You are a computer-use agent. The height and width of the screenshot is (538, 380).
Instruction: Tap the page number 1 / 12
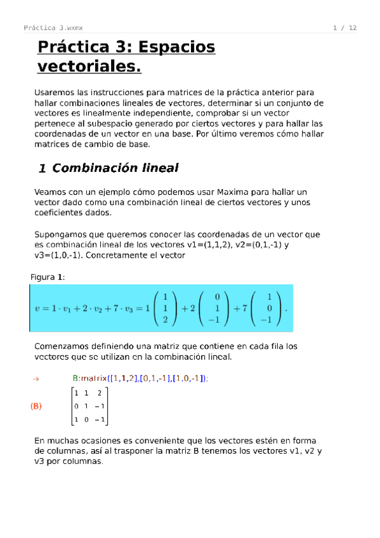(x=344, y=28)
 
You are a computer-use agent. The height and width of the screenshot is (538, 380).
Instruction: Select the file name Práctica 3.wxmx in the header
(x=57, y=28)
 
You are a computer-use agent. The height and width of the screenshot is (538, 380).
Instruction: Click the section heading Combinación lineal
(x=115, y=168)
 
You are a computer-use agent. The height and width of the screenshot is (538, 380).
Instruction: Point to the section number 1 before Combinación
(x=42, y=169)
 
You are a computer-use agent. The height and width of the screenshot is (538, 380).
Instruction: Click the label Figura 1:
(x=48, y=277)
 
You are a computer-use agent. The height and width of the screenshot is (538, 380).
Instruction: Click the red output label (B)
(x=36, y=406)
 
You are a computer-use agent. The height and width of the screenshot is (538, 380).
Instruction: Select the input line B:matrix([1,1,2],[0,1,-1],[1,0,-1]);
(x=140, y=378)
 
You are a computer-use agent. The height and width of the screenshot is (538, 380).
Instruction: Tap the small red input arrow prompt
(x=36, y=379)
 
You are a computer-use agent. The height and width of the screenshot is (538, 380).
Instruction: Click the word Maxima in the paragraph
(x=233, y=192)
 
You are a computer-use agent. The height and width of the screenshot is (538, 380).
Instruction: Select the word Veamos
(x=50, y=192)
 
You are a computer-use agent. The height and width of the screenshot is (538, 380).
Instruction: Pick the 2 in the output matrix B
(x=99, y=393)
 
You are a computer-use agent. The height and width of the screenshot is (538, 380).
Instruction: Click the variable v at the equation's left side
(x=37, y=309)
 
